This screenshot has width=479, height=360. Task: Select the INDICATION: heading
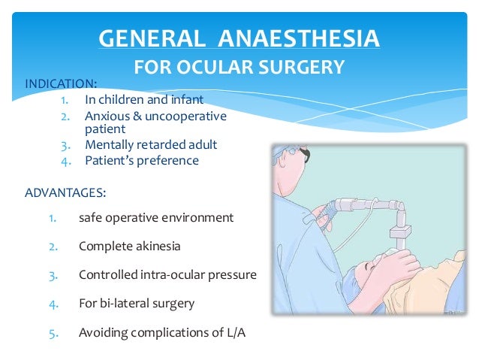tap(61, 83)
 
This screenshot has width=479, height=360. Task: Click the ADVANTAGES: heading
tap(65, 192)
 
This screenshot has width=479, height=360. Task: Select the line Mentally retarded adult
tap(152, 144)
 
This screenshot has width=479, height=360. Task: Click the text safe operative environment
tap(155, 218)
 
